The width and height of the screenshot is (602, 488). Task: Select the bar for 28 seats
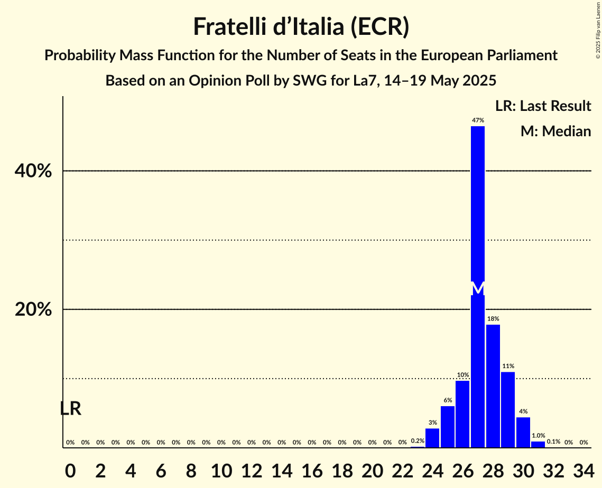[x=493, y=386]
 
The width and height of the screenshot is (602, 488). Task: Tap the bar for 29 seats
[x=508, y=410]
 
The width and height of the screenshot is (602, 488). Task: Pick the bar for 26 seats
[x=462, y=414]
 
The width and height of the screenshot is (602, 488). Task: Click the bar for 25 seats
[x=448, y=427]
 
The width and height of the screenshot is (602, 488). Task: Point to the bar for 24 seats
[x=432, y=438]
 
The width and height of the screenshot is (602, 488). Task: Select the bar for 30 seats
[x=523, y=433]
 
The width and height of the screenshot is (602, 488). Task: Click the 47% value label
[x=478, y=120]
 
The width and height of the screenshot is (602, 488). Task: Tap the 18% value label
[x=493, y=319]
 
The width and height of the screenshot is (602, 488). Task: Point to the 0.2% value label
[x=418, y=441]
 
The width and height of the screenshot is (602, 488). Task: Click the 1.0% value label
[x=538, y=436]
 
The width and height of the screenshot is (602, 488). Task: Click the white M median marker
[x=478, y=289]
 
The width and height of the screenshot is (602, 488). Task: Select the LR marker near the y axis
[x=70, y=408]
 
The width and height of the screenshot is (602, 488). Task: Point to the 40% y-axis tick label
[x=33, y=172]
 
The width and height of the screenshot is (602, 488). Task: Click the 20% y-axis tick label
[x=33, y=310]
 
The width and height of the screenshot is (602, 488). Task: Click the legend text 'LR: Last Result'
[x=543, y=106]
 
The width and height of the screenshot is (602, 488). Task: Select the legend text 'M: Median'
[x=555, y=132]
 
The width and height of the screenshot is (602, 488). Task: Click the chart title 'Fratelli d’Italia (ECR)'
[x=301, y=26]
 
